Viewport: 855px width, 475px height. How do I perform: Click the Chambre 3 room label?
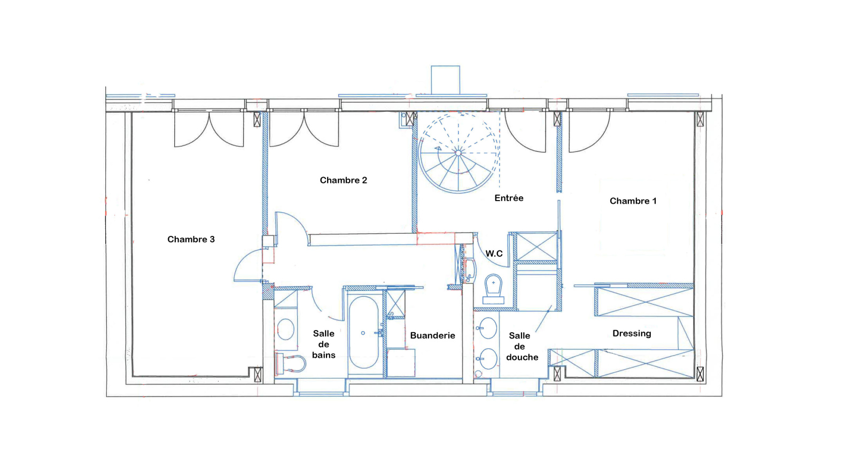191,240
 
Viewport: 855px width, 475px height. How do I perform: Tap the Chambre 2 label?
343,180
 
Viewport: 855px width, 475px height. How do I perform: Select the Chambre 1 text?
633,201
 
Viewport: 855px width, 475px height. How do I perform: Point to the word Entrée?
509,198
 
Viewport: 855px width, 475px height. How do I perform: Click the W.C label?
494,254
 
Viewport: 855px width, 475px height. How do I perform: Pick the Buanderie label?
432,335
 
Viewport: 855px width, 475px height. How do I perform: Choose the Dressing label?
632,334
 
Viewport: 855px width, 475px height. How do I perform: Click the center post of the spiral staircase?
458,153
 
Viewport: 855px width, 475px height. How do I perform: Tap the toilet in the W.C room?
493,289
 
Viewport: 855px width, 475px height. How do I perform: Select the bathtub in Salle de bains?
364,333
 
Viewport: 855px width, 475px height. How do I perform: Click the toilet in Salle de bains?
290,363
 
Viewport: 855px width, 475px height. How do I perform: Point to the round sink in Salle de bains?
285,329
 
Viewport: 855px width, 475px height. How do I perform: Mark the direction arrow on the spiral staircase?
438,148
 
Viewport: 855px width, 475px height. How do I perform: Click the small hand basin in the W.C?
470,270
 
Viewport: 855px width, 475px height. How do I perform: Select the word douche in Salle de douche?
522,357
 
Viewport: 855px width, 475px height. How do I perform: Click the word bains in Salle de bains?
324,355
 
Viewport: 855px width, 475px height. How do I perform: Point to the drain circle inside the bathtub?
363,333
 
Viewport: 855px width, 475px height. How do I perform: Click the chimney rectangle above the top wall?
446,80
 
